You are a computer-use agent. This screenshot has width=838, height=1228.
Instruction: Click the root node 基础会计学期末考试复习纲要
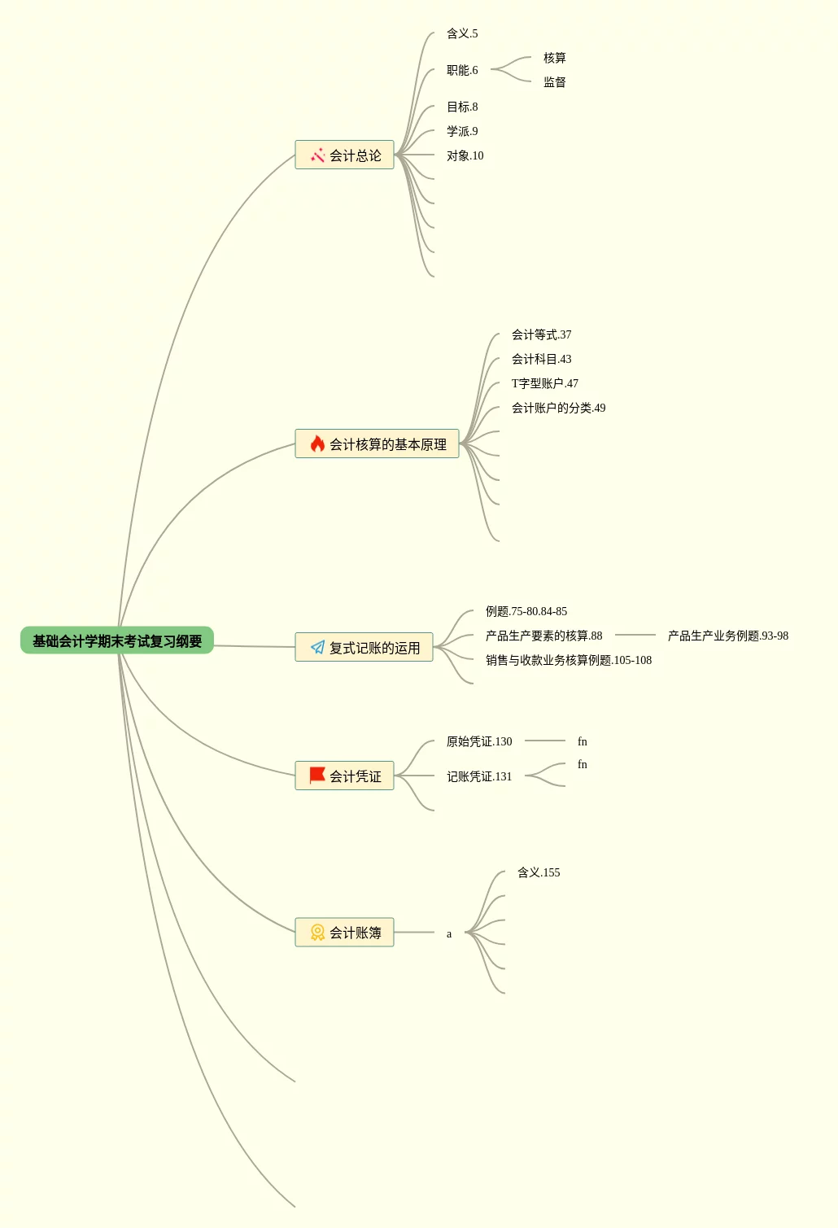click(x=117, y=640)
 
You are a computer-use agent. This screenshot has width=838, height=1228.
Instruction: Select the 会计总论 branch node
click(x=345, y=155)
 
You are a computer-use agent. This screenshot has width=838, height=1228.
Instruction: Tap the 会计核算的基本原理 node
click(x=378, y=444)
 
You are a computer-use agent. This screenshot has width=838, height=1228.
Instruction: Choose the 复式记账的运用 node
click(x=364, y=647)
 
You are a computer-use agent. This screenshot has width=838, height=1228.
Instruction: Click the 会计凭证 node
click(x=345, y=776)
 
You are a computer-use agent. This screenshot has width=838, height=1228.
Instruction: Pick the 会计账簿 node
click(x=345, y=932)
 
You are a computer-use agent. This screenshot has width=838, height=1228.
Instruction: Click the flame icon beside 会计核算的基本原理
click(x=317, y=444)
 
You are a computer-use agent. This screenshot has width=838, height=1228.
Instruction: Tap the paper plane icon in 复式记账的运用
click(x=317, y=647)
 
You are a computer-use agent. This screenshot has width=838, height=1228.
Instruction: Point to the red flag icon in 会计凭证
click(x=317, y=776)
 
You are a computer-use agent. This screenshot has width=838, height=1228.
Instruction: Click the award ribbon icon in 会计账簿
click(x=317, y=932)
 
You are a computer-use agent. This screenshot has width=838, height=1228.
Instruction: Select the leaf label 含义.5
click(x=462, y=33)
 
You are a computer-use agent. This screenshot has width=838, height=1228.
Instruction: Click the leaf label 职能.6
click(x=462, y=70)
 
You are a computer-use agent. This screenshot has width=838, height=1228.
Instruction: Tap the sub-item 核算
click(x=555, y=58)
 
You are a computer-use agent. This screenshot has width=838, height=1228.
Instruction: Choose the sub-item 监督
click(x=555, y=82)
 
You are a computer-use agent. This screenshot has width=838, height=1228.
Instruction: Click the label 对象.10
click(x=465, y=155)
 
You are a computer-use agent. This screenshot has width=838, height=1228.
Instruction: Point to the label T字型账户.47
click(x=545, y=383)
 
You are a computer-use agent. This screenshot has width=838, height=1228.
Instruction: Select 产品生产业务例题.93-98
click(x=728, y=636)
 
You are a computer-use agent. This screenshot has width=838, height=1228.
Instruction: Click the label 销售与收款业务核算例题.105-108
click(x=569, y=660)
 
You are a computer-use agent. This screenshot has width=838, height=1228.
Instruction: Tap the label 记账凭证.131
click(x=479, y=776)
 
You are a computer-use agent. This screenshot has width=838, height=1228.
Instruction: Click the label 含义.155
click(x=539, y=872)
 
